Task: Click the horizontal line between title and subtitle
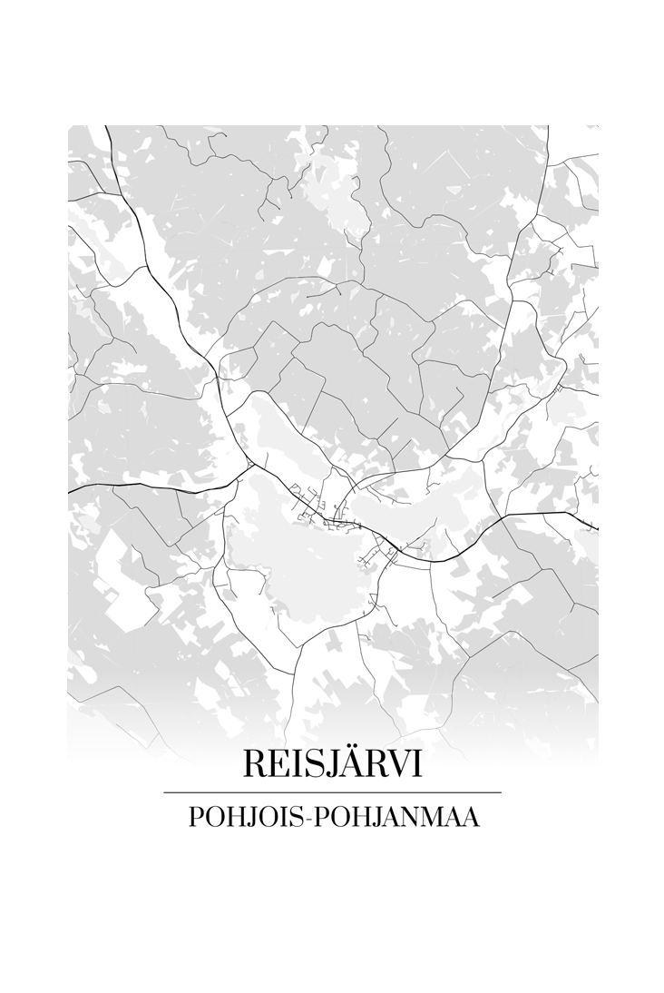click(x=332, y=792)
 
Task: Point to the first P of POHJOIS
click(x=195, y=817)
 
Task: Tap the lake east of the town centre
click(x=426, y=508)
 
